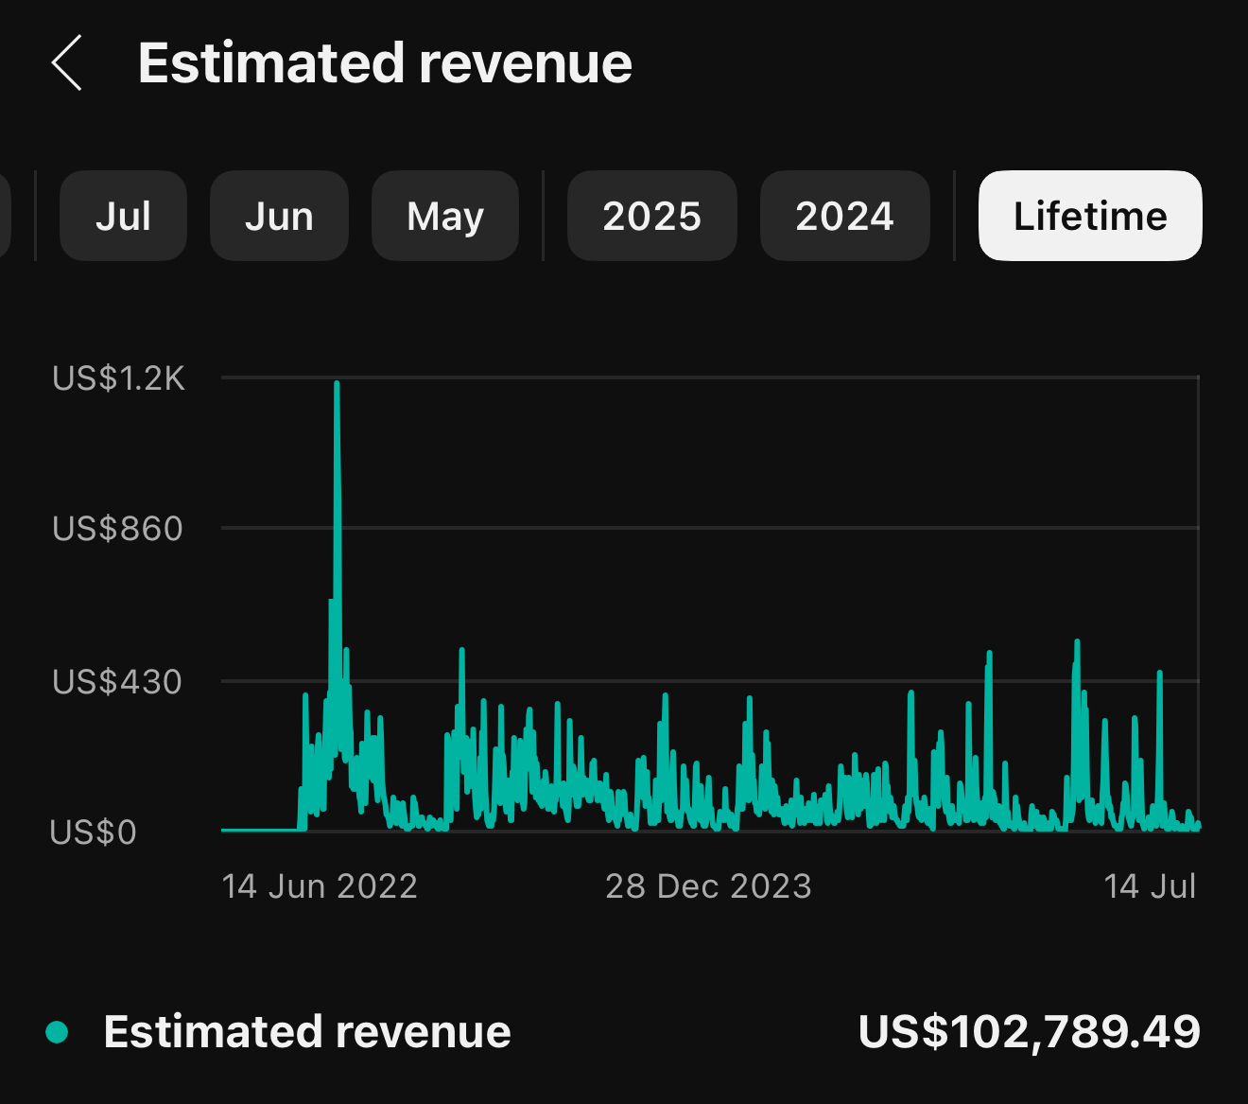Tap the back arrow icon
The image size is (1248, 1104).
(67, 63)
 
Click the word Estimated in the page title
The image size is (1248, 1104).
(270, 63)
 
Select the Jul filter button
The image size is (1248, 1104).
(123, 216)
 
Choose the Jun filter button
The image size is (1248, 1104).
(279, 216)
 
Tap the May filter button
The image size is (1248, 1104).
(445, 216)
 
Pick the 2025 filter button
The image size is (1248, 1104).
(651, 216)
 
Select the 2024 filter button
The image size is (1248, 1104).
(844, 216)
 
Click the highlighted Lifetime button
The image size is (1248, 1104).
(1090, 216)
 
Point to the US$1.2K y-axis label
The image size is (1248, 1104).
(118, 378)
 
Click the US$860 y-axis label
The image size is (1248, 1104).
(117, 529)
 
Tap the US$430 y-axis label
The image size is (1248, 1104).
(117, 681)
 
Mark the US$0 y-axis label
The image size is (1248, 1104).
(93, 832)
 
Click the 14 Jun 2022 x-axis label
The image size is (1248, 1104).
(320, 886)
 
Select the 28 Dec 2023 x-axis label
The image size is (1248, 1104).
(708, 886)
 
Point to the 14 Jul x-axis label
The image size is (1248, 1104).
(1150, 886)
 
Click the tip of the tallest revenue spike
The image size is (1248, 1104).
(337, 383)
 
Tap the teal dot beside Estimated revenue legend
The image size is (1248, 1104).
(57, 1032)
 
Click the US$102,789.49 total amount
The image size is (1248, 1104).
(1029, 1031)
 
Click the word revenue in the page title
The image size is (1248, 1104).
(526, 63)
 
